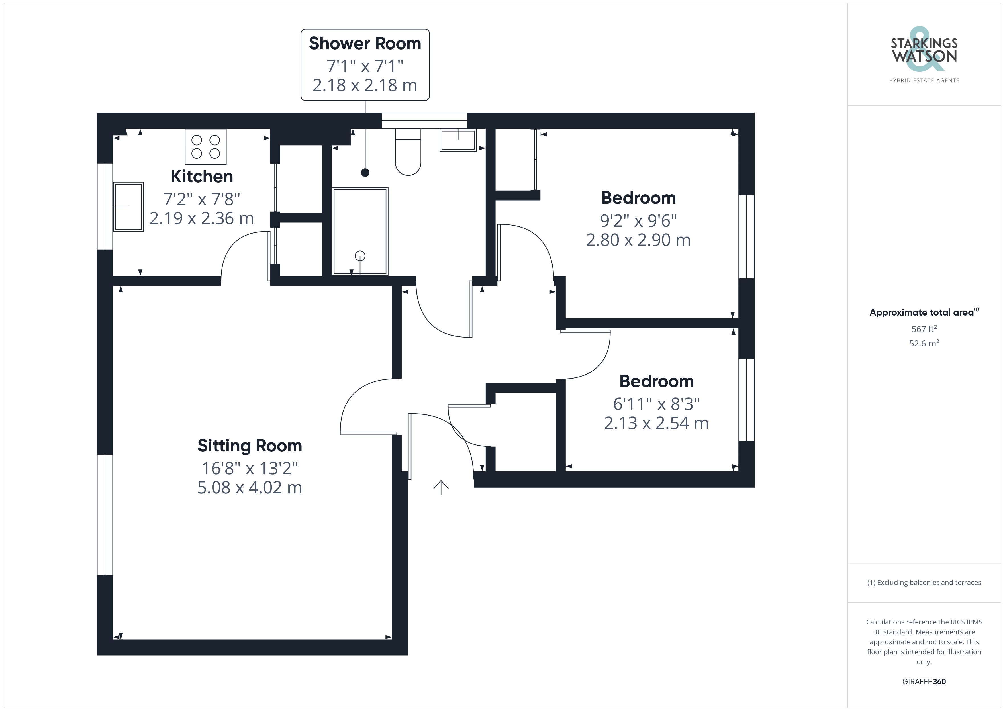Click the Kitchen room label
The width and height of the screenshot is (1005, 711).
[202, 176]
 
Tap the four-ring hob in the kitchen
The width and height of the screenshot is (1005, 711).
[206, 147]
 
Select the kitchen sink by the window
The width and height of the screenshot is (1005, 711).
[128, 207]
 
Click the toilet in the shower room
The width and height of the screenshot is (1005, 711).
[408, 152]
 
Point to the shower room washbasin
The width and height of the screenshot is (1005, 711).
[458, 140]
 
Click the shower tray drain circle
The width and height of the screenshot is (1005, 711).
[360, 256]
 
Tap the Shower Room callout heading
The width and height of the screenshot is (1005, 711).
[365, 43]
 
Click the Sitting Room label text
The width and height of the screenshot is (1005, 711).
[250, 446]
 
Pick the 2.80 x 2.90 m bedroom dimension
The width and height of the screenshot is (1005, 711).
[638, 240]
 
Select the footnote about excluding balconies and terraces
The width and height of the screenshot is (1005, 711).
[924, 582]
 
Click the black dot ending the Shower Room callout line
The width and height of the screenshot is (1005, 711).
[365, 173]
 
